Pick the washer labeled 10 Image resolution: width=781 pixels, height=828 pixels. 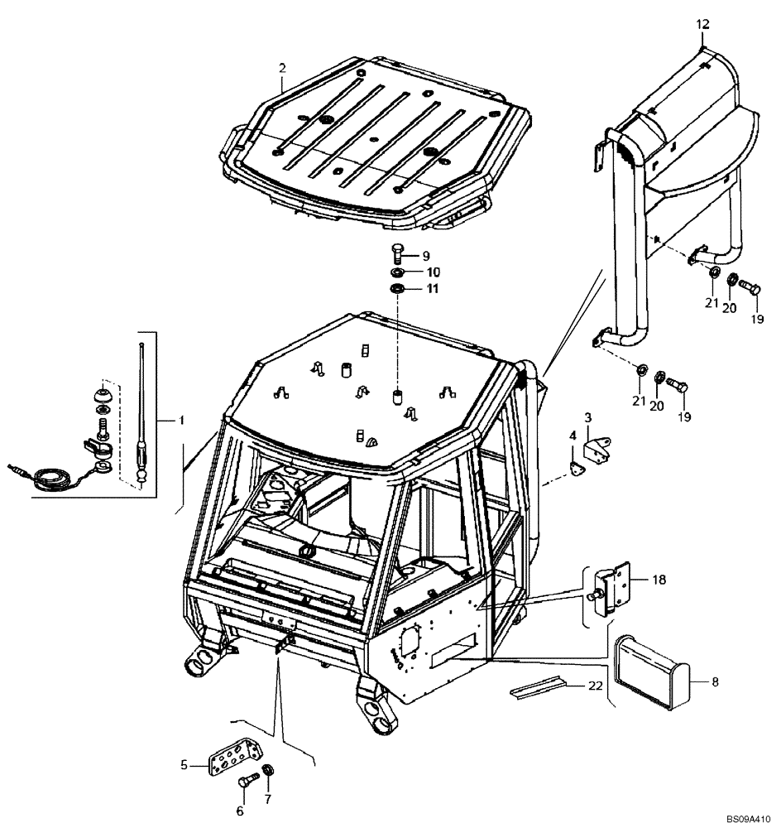coord(397,272)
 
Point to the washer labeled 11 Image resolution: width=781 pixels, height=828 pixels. coord(397,289)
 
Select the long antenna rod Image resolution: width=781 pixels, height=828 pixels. coord(142,406)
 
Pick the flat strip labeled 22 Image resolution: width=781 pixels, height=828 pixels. coord(537,686)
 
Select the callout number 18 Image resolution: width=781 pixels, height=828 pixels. coord(659,582)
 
